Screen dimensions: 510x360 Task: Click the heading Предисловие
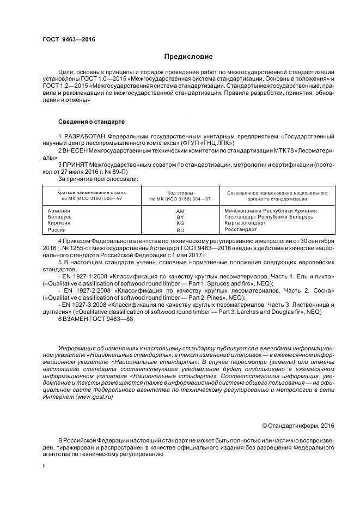pos(188,57)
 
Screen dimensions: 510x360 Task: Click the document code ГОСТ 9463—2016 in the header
pos(64,39)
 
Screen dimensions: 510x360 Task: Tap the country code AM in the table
pos(180,211)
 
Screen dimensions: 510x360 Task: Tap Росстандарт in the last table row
pos(241,230)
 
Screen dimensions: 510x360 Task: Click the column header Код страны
pos(180,193)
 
